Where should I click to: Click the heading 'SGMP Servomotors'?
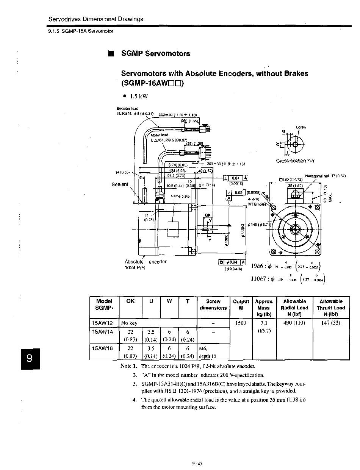[155, 53]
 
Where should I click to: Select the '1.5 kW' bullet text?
[138, 96]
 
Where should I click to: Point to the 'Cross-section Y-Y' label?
[296, 161]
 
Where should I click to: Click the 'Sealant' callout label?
[120, 184]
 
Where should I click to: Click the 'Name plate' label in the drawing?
[178, 196]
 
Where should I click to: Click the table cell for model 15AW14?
[103, 331]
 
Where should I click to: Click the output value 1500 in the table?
[241, 323]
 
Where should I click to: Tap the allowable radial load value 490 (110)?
[294, 323]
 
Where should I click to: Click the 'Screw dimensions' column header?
[213, 305]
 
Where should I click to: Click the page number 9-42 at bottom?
[197, 463]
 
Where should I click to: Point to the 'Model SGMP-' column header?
[104, 305]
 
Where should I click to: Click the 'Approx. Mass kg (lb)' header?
[264, 308]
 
